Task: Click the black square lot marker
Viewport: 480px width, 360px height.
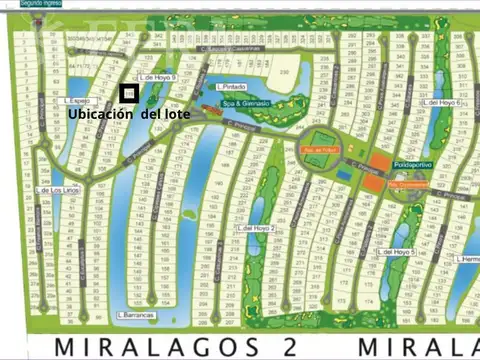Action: coord(128,93)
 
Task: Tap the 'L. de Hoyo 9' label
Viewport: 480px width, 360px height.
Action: coord(156,76)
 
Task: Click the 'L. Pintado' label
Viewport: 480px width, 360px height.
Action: coord(232,87)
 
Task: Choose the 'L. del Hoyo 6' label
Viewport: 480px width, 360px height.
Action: coord(442,102)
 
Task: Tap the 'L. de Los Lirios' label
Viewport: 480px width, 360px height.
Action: coord(56,190)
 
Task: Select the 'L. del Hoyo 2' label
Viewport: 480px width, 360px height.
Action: coord(257,228)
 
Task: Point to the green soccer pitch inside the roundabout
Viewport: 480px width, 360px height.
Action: coord(321,140)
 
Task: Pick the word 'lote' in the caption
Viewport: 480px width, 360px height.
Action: coord(174,114)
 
